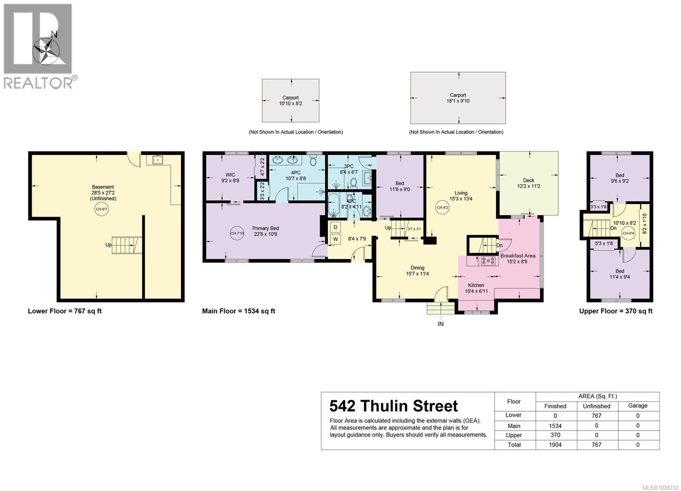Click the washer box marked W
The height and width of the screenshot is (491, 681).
click(335, 239)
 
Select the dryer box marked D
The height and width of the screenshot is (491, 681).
click(335, 227)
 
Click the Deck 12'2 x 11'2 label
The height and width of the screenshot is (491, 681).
click(529, 183)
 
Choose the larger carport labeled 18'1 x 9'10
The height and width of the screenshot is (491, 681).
click(458, 98)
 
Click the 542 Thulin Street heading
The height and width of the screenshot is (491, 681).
click(394, 406)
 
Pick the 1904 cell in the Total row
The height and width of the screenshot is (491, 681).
click(555, 445)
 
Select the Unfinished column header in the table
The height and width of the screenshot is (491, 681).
click(596, 406)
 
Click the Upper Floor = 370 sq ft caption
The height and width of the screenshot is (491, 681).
click(615, 311)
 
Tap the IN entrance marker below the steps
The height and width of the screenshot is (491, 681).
click(441, 324)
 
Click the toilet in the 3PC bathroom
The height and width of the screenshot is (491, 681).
click(353, 182)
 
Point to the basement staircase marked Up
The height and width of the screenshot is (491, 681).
click(126, 245)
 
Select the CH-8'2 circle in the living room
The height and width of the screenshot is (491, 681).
click(443, 207)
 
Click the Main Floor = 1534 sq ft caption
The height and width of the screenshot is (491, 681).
click(238, 311)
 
